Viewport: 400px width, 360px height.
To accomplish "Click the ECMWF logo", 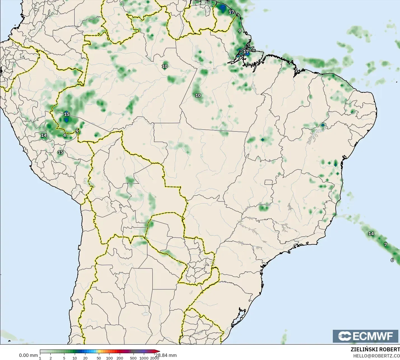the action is pos(365,336).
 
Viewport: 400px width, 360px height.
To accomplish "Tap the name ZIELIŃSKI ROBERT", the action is pos(375,349).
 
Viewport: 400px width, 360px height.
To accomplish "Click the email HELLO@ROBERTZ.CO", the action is pos(376,356).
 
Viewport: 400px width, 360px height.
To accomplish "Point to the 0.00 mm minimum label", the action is pos(28,355).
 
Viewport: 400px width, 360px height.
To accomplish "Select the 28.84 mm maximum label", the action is pos(167,355).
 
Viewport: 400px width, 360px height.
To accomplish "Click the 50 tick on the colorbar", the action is pos(99,358).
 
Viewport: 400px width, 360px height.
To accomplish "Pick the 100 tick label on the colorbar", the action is pos(109,358).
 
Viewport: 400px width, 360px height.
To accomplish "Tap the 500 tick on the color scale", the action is pos(133,358).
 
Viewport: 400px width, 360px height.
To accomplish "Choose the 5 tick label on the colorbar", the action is pos(64,358).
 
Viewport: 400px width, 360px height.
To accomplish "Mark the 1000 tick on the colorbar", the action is pos(144,358).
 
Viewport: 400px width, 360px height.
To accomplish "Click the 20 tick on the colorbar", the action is pos(85,358).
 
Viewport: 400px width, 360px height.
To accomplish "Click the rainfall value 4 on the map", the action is pos(65,135).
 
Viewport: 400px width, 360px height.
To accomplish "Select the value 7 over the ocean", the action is pos(385,245).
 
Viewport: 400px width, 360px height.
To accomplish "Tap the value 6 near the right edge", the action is pos(392,260).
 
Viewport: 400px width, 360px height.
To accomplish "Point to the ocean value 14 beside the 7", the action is pos(371,234).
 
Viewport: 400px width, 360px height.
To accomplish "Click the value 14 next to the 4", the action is pos(44,135).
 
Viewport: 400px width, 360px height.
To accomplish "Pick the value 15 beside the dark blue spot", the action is pos(67,114).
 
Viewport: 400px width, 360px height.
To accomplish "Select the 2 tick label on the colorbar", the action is pos(51,358).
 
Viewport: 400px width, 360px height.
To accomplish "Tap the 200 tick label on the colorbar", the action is pos(120,358).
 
